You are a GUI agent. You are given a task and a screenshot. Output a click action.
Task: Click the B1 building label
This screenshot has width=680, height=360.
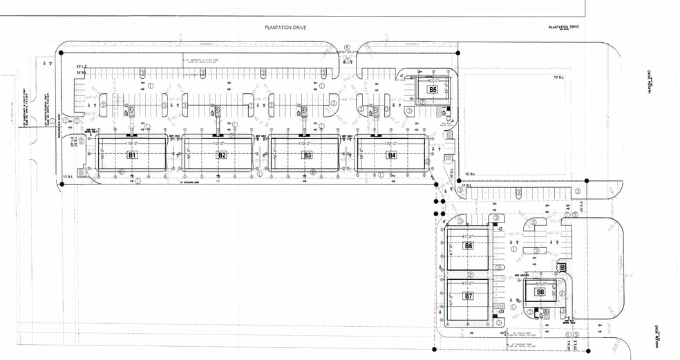coord(131,155)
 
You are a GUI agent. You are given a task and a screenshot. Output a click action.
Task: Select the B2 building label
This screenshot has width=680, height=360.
coord(222,155)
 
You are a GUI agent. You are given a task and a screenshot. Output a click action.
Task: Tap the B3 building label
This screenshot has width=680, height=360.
coord(308,155)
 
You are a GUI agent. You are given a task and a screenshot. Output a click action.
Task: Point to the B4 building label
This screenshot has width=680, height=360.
coord(392,155)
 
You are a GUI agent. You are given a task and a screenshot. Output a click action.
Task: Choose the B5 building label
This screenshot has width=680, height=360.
coord(433,89)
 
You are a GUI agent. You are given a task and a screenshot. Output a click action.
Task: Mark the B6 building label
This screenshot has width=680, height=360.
coord(469,245)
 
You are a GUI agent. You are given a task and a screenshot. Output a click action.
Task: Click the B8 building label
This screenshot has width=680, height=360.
coord(540,292)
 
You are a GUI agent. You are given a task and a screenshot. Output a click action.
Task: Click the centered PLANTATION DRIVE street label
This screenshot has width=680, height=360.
coord(285,28)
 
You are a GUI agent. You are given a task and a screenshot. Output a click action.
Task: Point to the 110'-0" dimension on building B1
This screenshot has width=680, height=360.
coord(131,142)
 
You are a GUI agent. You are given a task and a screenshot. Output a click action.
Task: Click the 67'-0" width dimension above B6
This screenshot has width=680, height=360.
coord(469,234)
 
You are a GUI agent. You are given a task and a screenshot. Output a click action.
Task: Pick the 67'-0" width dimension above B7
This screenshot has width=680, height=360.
coord(469,284)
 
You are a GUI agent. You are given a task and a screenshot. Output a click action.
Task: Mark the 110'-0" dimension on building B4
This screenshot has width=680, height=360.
coord(392,142)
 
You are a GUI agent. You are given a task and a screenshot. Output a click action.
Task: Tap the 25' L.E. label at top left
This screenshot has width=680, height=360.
coord(82,66)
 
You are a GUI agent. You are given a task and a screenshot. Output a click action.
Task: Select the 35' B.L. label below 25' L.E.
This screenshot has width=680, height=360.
coord(82,72)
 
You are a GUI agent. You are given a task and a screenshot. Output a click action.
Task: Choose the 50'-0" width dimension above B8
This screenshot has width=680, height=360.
coord(540,283)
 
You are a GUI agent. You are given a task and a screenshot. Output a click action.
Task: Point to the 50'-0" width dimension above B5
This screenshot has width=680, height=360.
coord(433,81)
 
